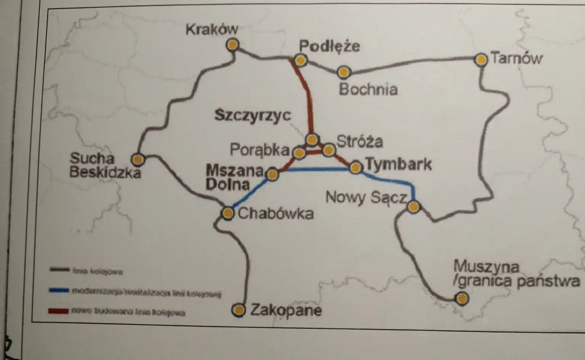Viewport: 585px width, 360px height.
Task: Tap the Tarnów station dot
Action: [481, 60]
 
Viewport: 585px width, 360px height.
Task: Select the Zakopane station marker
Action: [238, 310]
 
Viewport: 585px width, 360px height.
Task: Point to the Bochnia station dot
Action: [344, 72]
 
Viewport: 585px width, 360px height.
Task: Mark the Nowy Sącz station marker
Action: [414, 207]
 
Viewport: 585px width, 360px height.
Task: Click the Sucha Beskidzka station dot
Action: [137, 159]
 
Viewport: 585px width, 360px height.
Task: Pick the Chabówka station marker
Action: [228, 213]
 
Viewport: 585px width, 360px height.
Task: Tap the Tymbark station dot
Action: [356, 167]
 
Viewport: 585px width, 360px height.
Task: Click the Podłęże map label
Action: [329, 46]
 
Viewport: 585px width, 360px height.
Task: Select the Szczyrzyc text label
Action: [253, 115]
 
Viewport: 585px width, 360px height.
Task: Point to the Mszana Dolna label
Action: [233, 177]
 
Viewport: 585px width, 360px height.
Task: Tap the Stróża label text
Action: [359, 141]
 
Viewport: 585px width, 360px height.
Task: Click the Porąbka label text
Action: [260, 150]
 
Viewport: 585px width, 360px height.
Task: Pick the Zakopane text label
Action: [286, 310]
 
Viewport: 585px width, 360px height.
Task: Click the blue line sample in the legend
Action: [59, 291]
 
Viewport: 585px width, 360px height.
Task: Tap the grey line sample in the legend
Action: [59, 270]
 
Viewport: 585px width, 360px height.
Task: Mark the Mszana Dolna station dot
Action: [272, 174]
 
